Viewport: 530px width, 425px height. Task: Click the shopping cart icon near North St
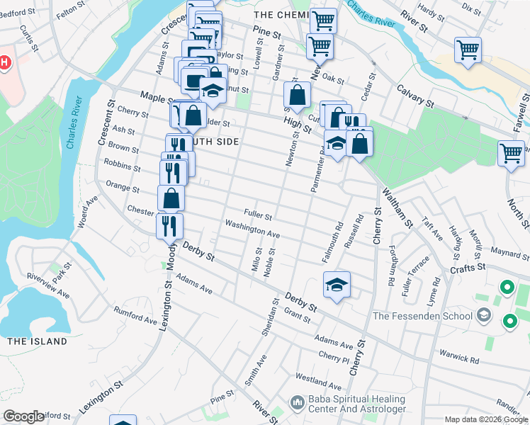click(511, 152)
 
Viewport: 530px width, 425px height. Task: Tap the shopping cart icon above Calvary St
click(468, 50)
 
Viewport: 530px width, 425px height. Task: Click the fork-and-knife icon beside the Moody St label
click(169, 225)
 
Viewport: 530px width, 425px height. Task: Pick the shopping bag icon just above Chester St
click(171, 198)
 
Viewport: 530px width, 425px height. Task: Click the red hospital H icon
click(4, 63)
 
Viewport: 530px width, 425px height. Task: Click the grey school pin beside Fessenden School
click(484, 315)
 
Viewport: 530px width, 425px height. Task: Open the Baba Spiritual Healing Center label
click(357, 404)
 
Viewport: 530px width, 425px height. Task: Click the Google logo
click(23, 416)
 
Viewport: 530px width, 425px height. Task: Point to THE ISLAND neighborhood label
click(37, 341)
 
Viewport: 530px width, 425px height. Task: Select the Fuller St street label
click(258, 213)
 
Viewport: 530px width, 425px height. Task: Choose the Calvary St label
click(415, 96)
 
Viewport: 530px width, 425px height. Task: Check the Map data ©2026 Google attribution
click(486, 419)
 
